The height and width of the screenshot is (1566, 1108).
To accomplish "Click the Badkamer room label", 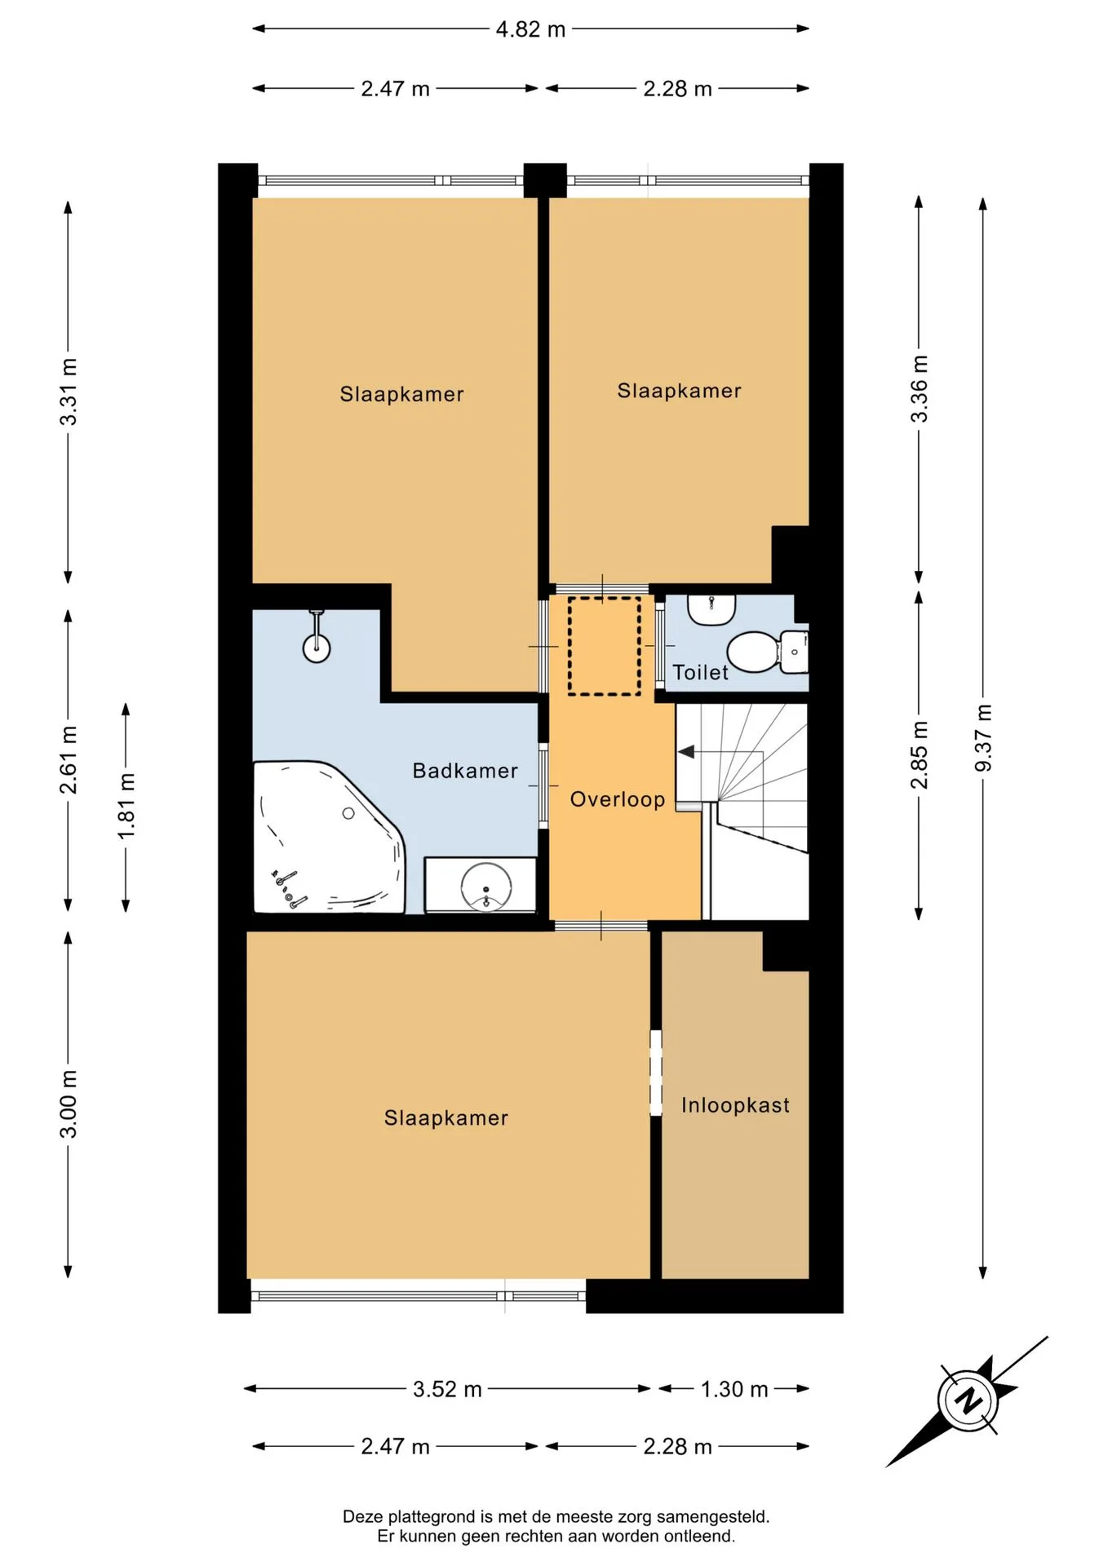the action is click(465, 771).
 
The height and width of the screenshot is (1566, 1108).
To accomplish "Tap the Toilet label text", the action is click(700, 672).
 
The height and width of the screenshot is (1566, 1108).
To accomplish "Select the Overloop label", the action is click(618, 799).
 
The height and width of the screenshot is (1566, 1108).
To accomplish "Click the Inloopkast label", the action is click(735, 1105).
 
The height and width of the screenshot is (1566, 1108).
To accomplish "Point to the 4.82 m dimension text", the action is click(530, 29).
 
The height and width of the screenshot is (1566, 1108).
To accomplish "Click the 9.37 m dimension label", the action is click(983, 737).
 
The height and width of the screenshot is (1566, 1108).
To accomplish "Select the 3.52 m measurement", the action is click(447, 1389).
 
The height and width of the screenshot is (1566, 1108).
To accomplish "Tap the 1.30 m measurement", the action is click(734, 1389).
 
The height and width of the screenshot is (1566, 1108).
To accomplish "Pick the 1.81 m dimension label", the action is click(126, 806).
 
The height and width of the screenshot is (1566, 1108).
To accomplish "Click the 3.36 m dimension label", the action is click(919, 389).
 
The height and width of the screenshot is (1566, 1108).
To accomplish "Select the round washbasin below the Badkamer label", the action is click(486, 886).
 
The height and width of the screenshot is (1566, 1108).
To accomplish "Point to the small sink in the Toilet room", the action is click(711, 609).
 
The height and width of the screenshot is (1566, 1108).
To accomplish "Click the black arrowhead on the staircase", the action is click(686, 751).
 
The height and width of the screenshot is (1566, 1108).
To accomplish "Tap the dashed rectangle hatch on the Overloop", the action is click(605, 646).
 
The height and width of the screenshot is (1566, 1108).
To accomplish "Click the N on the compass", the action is click(968, 1401).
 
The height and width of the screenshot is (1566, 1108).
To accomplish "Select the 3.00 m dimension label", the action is click(69, 1104).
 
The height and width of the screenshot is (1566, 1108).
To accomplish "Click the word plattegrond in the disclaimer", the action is click(431, 1517).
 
